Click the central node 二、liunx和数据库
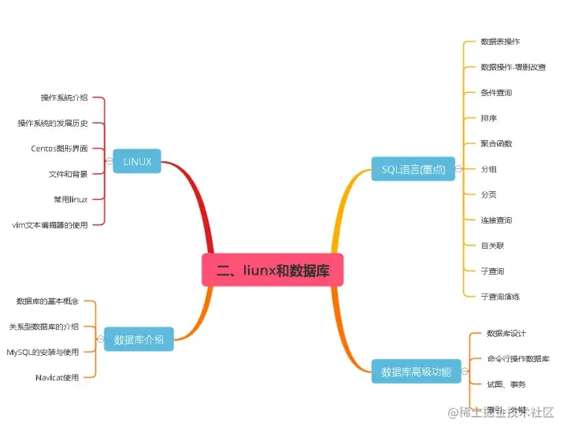pyautogui.click(x=272, y=270)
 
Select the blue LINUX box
pyautogui.click(x=137, y=162)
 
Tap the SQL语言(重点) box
pyautogui.click(x=413, y=168)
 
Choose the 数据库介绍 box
pyautogui.click(x=139, y=340)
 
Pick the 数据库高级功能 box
pyautogui.click(x=416, y=371)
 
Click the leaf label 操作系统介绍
pyautogui.click(x=64, y=98)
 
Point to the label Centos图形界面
pyautogui.click(x=59, y=148)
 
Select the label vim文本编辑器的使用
pyautogui.click(x=50, y=224)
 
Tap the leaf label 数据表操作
pyautogui.click(x=500, y=41)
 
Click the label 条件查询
pyautogui.click(x=496, y=92)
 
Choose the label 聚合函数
pyautogui.click(x=496, y=143)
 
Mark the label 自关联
pyautogui.click(x=492, y=245)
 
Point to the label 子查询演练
pyautogui.click(x=500, y=296)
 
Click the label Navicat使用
pyautogui.click(x=57, y=377)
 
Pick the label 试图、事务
pyautogui.click(x=506, y=384)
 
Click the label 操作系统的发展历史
pyautogui.click(x=52, y=123)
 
